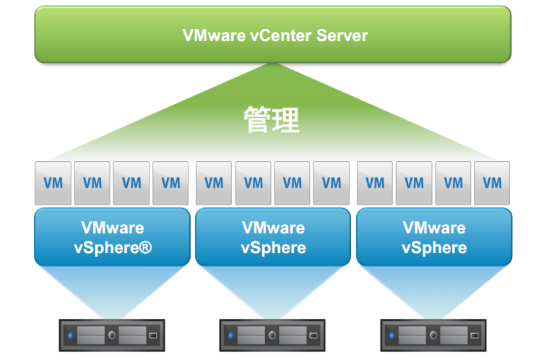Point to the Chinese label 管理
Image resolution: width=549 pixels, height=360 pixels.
(x=272, y=120)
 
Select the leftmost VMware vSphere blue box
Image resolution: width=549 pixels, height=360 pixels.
(x=112, y=237)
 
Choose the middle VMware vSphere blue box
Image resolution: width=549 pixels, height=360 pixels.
(x=273, y=237)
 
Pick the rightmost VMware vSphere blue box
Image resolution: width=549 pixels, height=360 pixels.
(x=434, y=237)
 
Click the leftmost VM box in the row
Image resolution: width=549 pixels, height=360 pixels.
(x=53, y=183)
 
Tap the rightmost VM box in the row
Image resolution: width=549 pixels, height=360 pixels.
(x=492, y=183)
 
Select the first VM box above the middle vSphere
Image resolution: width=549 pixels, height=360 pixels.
(x=215, y=183)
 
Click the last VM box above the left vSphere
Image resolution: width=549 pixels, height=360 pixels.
(x=170, y=183)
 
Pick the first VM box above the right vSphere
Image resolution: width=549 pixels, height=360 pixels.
(x=375, y=183)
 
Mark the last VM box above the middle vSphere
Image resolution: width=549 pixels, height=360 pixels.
(x=332, y=183)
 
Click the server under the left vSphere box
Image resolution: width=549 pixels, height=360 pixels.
(x=112, y=335)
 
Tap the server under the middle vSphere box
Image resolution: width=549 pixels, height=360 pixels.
(x=273, y=335)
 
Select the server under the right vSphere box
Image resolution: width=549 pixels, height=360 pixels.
(x=434, y=335)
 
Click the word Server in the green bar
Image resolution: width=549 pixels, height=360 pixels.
(x=344, y=35)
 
